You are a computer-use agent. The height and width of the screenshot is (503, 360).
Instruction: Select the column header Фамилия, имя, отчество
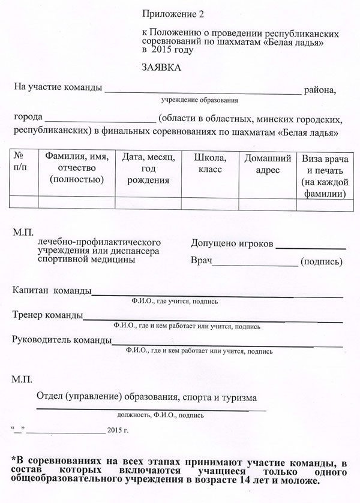(x=76, y=167)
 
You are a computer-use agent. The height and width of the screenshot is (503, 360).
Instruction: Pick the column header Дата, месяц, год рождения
(x=148, y=168)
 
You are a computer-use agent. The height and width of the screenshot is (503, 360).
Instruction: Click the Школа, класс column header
(x=209, y=162)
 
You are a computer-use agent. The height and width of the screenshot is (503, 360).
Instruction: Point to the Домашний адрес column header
(x=268, y=163)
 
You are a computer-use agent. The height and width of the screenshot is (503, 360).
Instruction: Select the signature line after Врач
(x=255, y=264)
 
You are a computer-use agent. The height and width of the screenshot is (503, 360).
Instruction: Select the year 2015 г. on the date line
(x=117, y=430)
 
